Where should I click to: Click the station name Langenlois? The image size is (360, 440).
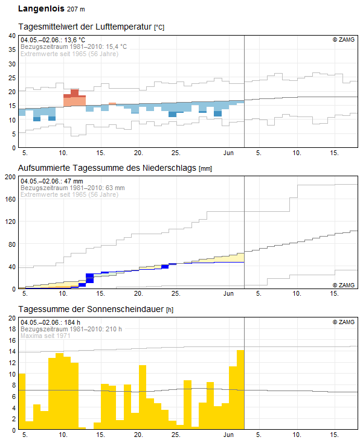pos(41,8)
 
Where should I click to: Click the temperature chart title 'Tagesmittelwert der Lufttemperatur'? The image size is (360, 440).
pos(85,27)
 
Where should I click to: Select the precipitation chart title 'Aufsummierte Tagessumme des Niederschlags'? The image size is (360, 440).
pos(107,168)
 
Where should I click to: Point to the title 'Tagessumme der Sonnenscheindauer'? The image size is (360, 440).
pos(91,309)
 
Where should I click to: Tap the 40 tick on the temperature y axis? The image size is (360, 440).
pos(12,36)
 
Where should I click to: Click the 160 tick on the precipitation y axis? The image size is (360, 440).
pos(10,199)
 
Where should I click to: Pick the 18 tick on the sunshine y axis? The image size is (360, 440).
pos(12,329)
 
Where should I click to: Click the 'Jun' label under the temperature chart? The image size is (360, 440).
pos(228,153)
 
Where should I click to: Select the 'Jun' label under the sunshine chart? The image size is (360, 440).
pos(228,435)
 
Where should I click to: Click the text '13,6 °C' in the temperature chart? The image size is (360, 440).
pos(75,40)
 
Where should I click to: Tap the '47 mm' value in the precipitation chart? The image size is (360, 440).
pos(74,181)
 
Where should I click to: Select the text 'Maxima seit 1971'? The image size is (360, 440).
pos(45,336)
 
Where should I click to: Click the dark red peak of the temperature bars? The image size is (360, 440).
pos(75,92)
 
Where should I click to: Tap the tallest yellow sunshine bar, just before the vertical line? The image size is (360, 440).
pos(240,389)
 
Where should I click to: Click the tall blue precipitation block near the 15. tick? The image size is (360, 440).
pos(89,278)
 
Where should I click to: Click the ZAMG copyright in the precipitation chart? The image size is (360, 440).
pos(344,285)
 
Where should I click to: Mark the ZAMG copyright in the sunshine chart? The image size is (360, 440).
pos(344,322)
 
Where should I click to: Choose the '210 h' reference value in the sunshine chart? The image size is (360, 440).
pos(114,329)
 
